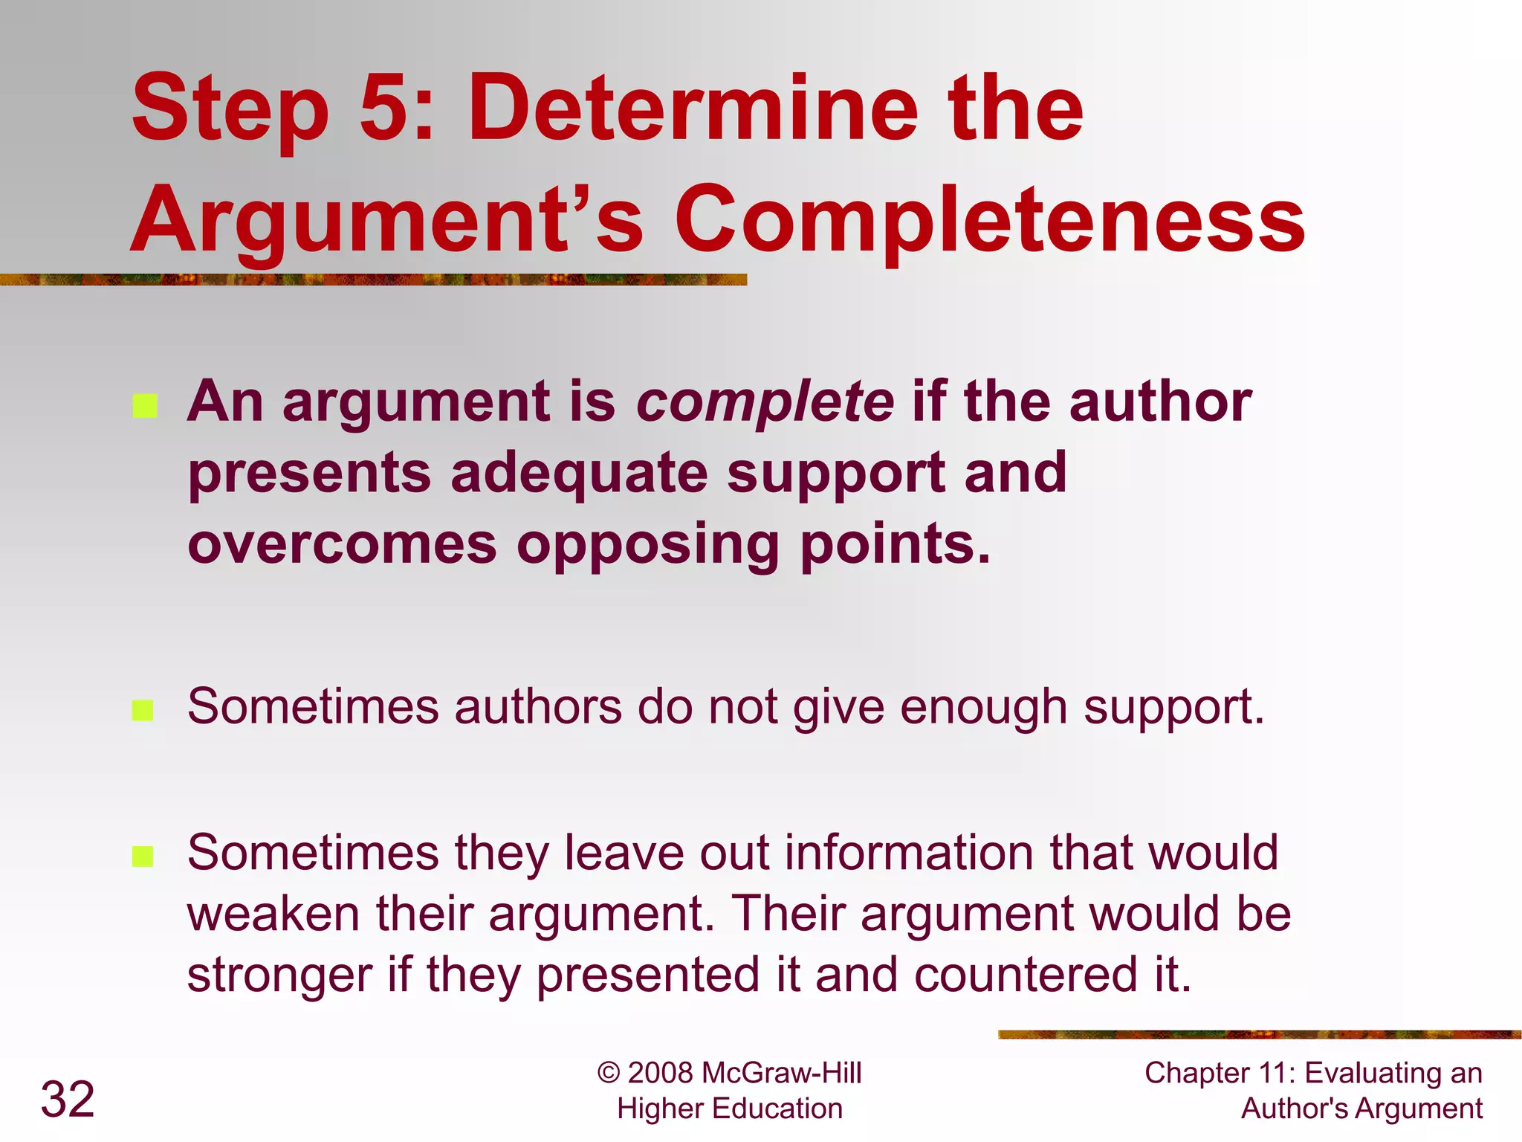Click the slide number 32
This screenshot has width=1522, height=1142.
tap(68, 1099)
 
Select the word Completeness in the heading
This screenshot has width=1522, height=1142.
tap(989, 219)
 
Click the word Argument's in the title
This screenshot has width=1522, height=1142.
tap(386, 219)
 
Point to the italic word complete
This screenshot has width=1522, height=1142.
tap(765, 402)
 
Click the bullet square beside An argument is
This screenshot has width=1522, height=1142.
tap(145, 406)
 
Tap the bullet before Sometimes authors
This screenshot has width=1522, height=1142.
tap(143, 710)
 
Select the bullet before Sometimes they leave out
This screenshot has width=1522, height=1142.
tap(143, 856)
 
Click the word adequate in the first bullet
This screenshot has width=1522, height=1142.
tap(579, 474)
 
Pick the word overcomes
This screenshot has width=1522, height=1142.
tap(342, 544)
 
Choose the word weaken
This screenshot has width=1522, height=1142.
tap(273, 914)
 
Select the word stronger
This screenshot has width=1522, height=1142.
tap(279, 975)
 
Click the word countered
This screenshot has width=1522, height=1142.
tap(1026, 975)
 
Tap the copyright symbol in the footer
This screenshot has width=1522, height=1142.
tap(609, 1074)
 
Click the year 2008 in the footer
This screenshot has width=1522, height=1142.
tap(660, 1074)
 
